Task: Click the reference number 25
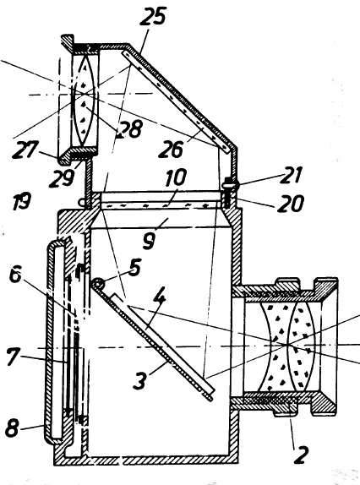pos(153,16)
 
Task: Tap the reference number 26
pos(172,149)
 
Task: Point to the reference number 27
pos(25,150)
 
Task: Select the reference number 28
pos(129,128)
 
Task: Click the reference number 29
pos(62,178)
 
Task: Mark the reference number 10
pos(176,177)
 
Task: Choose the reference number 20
pos(291,204)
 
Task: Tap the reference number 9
pos(149,241)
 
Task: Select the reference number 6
pos(15,275)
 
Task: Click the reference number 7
pos(12,357)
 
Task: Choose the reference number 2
pos(301,455)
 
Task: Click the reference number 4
pos(159,302)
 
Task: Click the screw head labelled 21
pos(231,183)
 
